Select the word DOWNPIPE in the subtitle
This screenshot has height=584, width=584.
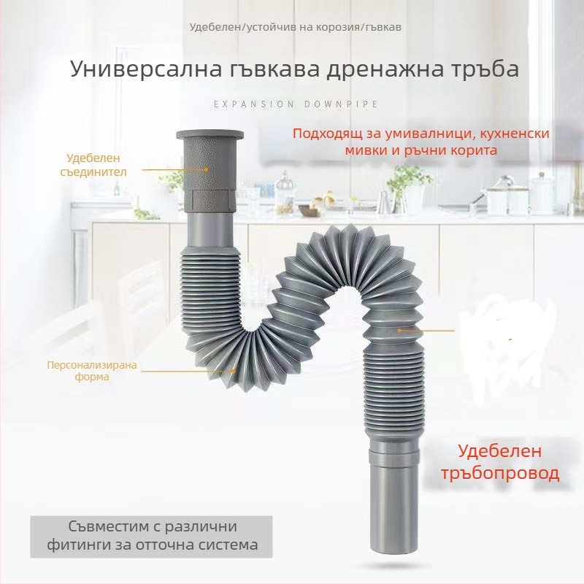[x=342, y=104]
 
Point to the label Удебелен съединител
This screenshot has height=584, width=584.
[x=93, y=165]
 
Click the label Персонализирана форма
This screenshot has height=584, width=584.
[x=92, y=371]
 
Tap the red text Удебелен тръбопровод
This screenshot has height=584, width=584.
[x=500, y=462]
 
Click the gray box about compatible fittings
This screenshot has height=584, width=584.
[x=151, y=537]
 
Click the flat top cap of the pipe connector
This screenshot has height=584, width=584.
[x=210, y=134]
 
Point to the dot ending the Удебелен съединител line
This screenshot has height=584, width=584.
[x=206, y=169]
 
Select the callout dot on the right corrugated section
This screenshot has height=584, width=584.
[x=399, y=330]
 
